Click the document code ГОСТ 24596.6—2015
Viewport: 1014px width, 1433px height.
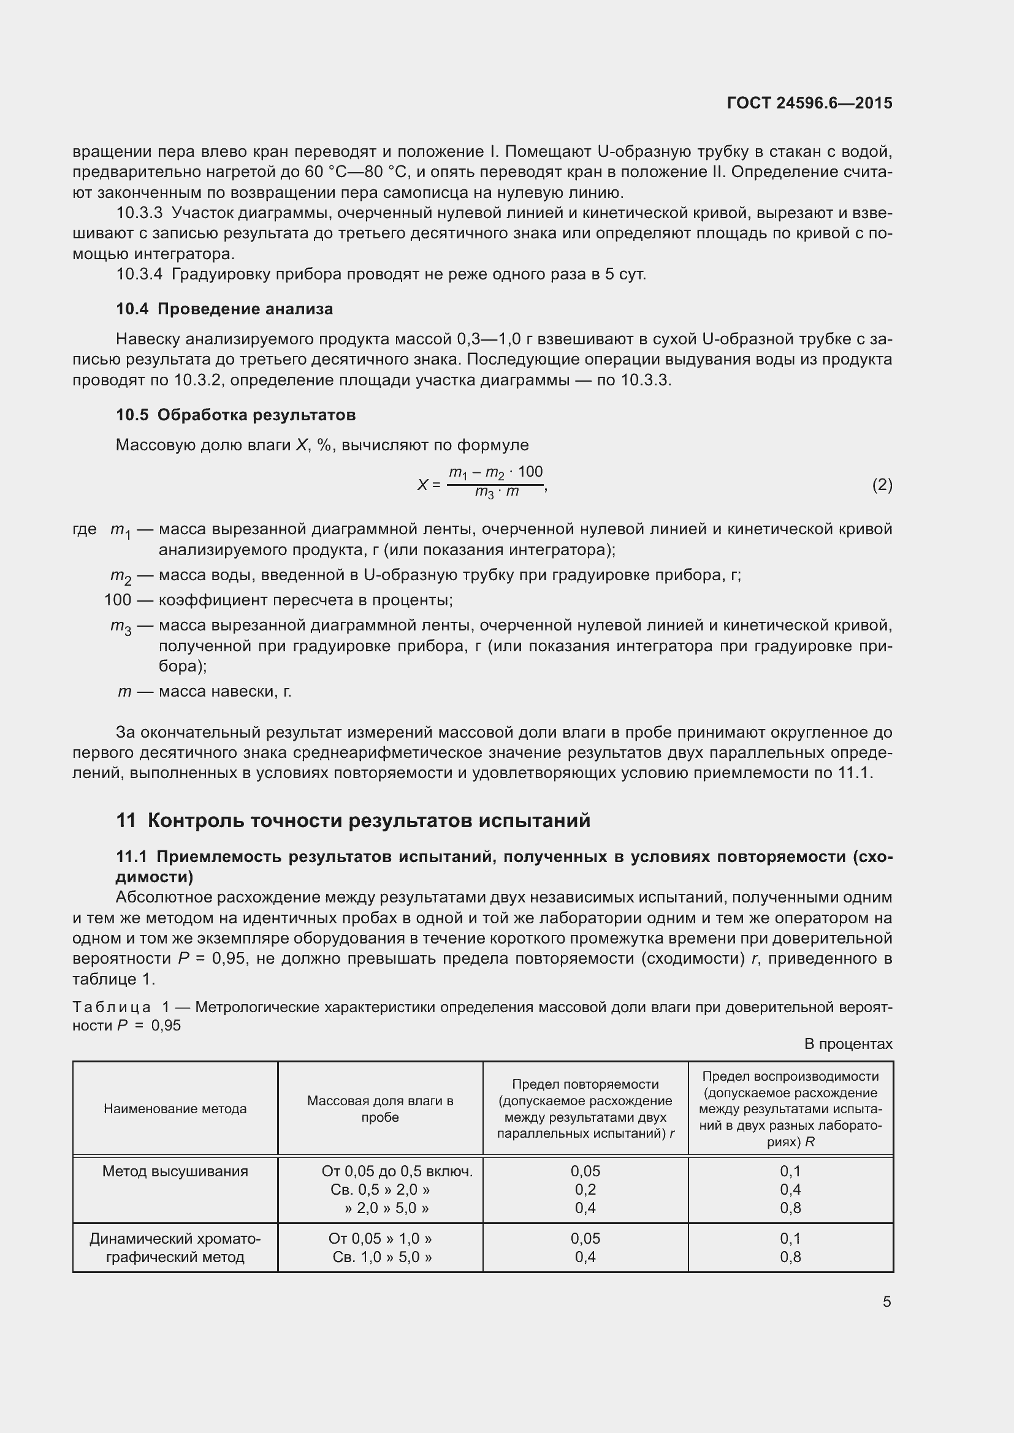(x=809, y=103)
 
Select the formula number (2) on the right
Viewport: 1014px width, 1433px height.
(x=882, y=485)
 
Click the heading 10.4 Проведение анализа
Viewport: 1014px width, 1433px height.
(x=224, y=309)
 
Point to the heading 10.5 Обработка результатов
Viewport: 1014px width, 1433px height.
(x=235, y=415)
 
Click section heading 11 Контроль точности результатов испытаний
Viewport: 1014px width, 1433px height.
(x=353, y=820)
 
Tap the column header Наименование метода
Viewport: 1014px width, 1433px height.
(x=175, y=1108)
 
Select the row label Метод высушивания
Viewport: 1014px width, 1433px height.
(x=175, y=1171)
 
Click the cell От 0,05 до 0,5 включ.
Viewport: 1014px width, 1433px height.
(x=397, y=1171)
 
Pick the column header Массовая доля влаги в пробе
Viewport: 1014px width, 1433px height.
(x=379, y=1108)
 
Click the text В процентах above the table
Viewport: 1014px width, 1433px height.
(x=848, y=1043)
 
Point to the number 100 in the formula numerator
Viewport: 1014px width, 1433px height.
(x=530, y=472)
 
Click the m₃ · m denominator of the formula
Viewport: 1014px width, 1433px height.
(x=497, y=493)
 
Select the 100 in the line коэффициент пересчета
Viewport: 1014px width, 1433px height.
(x=117, y=600)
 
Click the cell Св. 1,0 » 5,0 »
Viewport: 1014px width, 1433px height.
(x=381, y=1257)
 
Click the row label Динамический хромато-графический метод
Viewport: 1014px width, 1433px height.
(x=175, y=1247)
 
